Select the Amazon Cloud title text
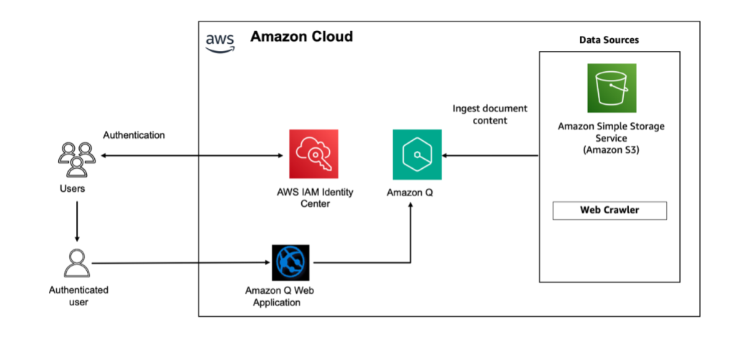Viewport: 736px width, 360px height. (301, 37)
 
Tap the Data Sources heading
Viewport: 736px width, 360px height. (609, 40)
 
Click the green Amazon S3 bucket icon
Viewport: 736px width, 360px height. (611, 88)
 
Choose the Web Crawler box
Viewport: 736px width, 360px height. (609, 211)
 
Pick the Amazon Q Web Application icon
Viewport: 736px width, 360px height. (290, 262)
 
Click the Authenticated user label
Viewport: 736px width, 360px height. (78, 296)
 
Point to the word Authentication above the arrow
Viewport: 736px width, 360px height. (134, 134)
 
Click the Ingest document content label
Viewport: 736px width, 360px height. (489, 114)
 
